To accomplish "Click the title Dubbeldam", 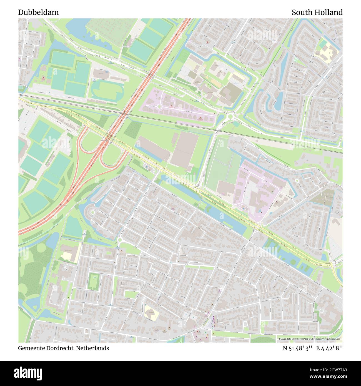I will pos(38,12).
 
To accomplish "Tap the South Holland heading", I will pos(317,12).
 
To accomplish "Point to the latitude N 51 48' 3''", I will pos(297,348).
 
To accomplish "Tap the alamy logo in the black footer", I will pos(28,372).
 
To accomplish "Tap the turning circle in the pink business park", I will pos(160,106).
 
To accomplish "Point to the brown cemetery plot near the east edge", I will pos(322,197).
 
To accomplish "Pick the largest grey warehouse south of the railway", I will pos(184,150).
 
